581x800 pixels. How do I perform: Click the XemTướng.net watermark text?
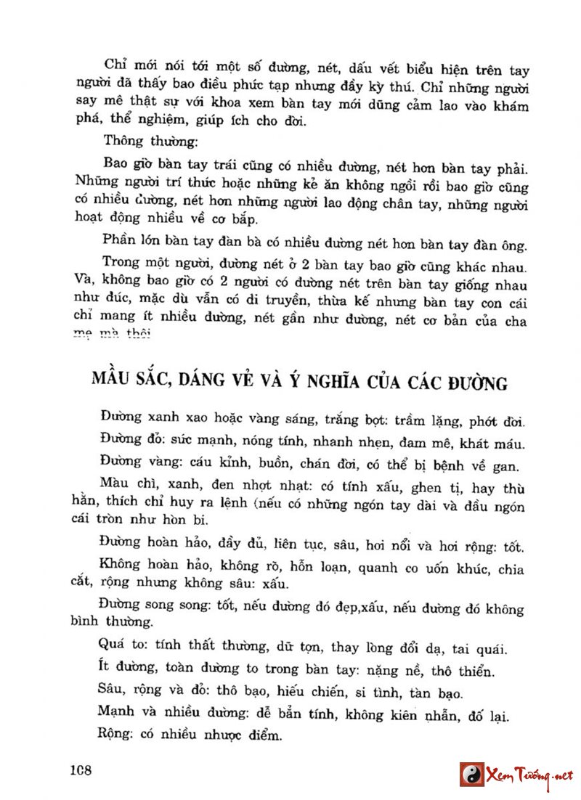click(527, 774)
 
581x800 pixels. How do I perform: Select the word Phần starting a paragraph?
click(120, 242)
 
